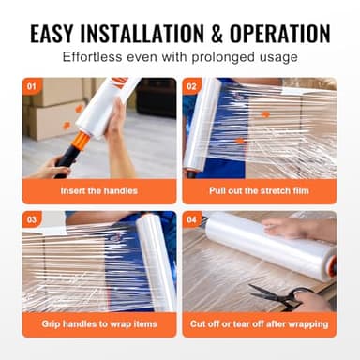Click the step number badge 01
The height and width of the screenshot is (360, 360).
click(32, 86)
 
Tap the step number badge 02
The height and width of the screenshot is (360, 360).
click(192, 86)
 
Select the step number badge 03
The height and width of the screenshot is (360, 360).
click(32, 218)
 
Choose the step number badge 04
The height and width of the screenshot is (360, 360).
click(192, 218)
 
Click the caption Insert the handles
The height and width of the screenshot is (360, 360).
click(99, 189)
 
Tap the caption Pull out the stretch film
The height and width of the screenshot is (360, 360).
click(260, 189)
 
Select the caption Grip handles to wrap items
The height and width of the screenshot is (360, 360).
click(99, 323)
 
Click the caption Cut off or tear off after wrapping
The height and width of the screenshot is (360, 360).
click(260, 323)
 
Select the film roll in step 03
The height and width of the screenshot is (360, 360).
click(154, 262)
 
